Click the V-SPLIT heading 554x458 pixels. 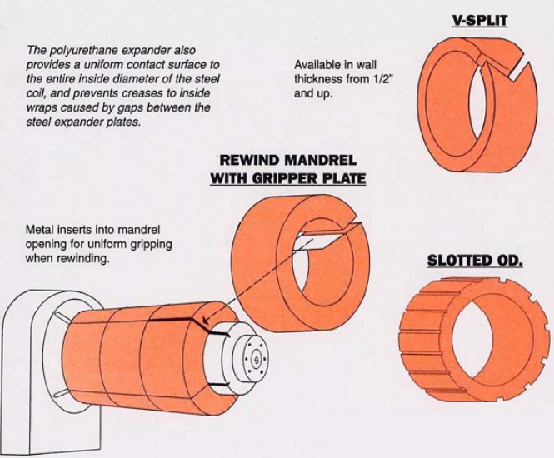(479, 21)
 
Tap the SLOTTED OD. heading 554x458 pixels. (475, 261)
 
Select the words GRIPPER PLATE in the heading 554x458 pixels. (309, 179)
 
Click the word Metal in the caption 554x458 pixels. (36, 230)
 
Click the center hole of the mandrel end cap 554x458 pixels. (256, 361)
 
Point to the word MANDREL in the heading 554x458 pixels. (320, 161)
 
